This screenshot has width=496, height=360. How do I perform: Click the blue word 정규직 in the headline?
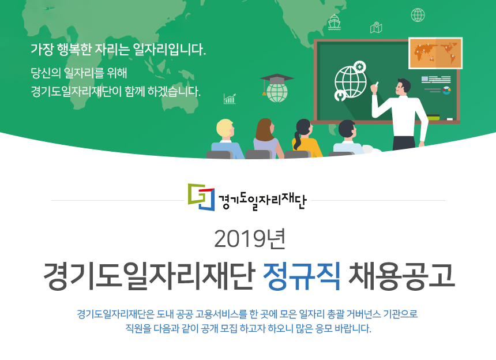click(302, 276)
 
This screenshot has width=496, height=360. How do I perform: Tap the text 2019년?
click(250, 239)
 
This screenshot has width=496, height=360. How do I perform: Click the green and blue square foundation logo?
click(201, 197)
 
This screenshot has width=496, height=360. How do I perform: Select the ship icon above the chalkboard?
click(334, 22)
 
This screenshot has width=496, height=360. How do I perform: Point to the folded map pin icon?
click(376, 28)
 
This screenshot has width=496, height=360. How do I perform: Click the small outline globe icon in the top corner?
click(418, 15)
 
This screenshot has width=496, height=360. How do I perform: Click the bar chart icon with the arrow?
click(230, 99)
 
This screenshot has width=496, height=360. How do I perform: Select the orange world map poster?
click(435, 53)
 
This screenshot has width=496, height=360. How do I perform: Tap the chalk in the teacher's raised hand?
click(377, 84)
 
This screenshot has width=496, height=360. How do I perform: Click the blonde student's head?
click(226, 129)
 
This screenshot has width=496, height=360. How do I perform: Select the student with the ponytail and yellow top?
click(306, 139)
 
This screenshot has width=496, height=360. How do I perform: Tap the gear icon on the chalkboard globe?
click(360, 67)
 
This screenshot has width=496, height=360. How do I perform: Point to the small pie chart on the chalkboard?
click(446, 90)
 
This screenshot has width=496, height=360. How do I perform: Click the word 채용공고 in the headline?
click(401, 276)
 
